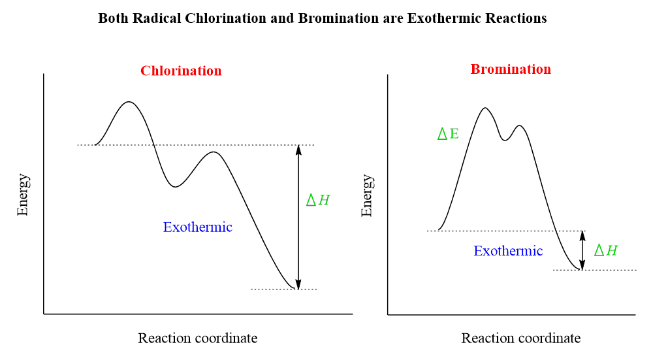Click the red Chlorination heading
181,71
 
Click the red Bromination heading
511,69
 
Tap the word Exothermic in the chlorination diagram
197,227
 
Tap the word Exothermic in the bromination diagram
508,251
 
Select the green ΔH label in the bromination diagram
605,250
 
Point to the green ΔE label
448,135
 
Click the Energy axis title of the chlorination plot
23,195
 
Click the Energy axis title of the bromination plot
367,195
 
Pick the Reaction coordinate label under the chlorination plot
197,338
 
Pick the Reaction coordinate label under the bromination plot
520,338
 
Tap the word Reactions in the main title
516,18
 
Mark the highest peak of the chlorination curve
129,102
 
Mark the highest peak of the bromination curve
485,108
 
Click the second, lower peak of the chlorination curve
213,152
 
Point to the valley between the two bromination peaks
504,140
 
